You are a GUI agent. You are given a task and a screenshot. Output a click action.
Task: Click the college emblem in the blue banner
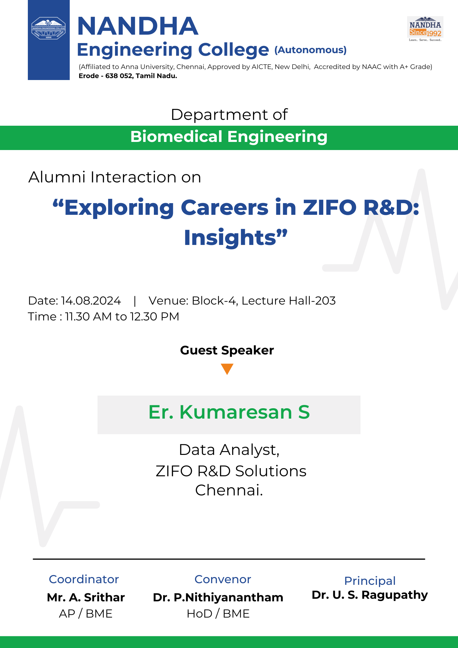tap(49, 28)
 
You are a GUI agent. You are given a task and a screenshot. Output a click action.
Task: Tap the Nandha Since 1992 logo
tap(425, 29)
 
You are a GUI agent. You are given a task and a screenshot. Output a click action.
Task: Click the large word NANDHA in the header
tap(138, 26)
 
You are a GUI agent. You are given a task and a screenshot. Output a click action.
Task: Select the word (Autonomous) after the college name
tap(310, 50)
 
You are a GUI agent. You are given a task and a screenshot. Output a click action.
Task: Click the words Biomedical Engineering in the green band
tap(229, 137)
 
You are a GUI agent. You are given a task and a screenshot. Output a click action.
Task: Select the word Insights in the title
tap(230, 237)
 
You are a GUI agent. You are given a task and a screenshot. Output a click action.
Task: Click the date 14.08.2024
tap(91, 301)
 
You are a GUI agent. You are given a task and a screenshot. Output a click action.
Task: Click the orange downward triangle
tap(227, 369)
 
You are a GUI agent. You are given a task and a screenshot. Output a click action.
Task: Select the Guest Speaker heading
tap(227, 350)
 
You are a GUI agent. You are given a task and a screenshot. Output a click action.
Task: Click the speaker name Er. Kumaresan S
tap(229, 412)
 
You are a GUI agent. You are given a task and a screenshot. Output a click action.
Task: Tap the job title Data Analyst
tap(229, 450)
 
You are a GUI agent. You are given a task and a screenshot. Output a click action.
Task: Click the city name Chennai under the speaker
tap(229, 490)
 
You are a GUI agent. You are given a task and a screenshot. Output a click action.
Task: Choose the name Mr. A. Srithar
tap(86, 597)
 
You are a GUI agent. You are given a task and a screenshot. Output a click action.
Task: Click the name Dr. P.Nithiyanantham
tap(218, 597)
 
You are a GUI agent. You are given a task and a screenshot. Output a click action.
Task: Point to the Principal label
tap(370, 581)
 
